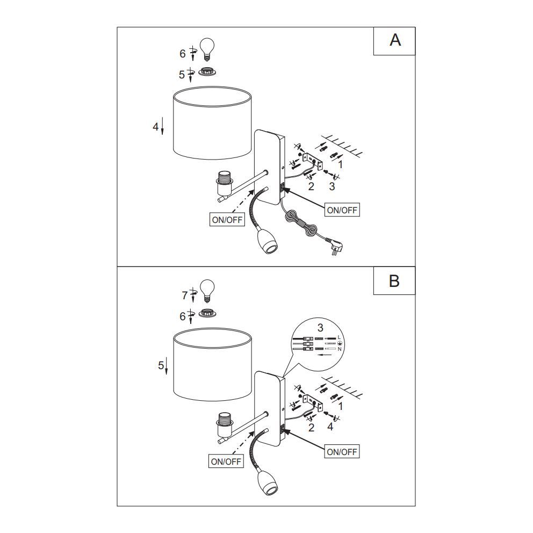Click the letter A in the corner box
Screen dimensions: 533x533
[x=395, y=40]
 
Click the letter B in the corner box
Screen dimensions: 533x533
[x=394, y=281]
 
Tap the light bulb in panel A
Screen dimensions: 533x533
[x=207, y=49]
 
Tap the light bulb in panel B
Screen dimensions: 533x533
[x=207, y=291]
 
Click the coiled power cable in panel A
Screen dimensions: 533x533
[x=299, y=225]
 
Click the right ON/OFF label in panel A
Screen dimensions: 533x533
[x=342, y=210]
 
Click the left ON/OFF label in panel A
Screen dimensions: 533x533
[x=227, y=220]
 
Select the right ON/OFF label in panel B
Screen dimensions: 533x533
[x=342, y=451]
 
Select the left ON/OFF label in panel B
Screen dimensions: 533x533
[x=226, y=462]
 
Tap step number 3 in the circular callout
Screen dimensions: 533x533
[x=320, y=328]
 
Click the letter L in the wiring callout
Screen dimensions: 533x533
[x=339, y=337]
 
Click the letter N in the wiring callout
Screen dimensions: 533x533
[x=339, y=349]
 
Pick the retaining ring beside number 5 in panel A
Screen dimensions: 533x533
[x=207, y=71]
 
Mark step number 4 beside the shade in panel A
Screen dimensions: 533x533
[x=156, y=126]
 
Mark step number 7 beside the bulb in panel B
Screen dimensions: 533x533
[x=185, y=296]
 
